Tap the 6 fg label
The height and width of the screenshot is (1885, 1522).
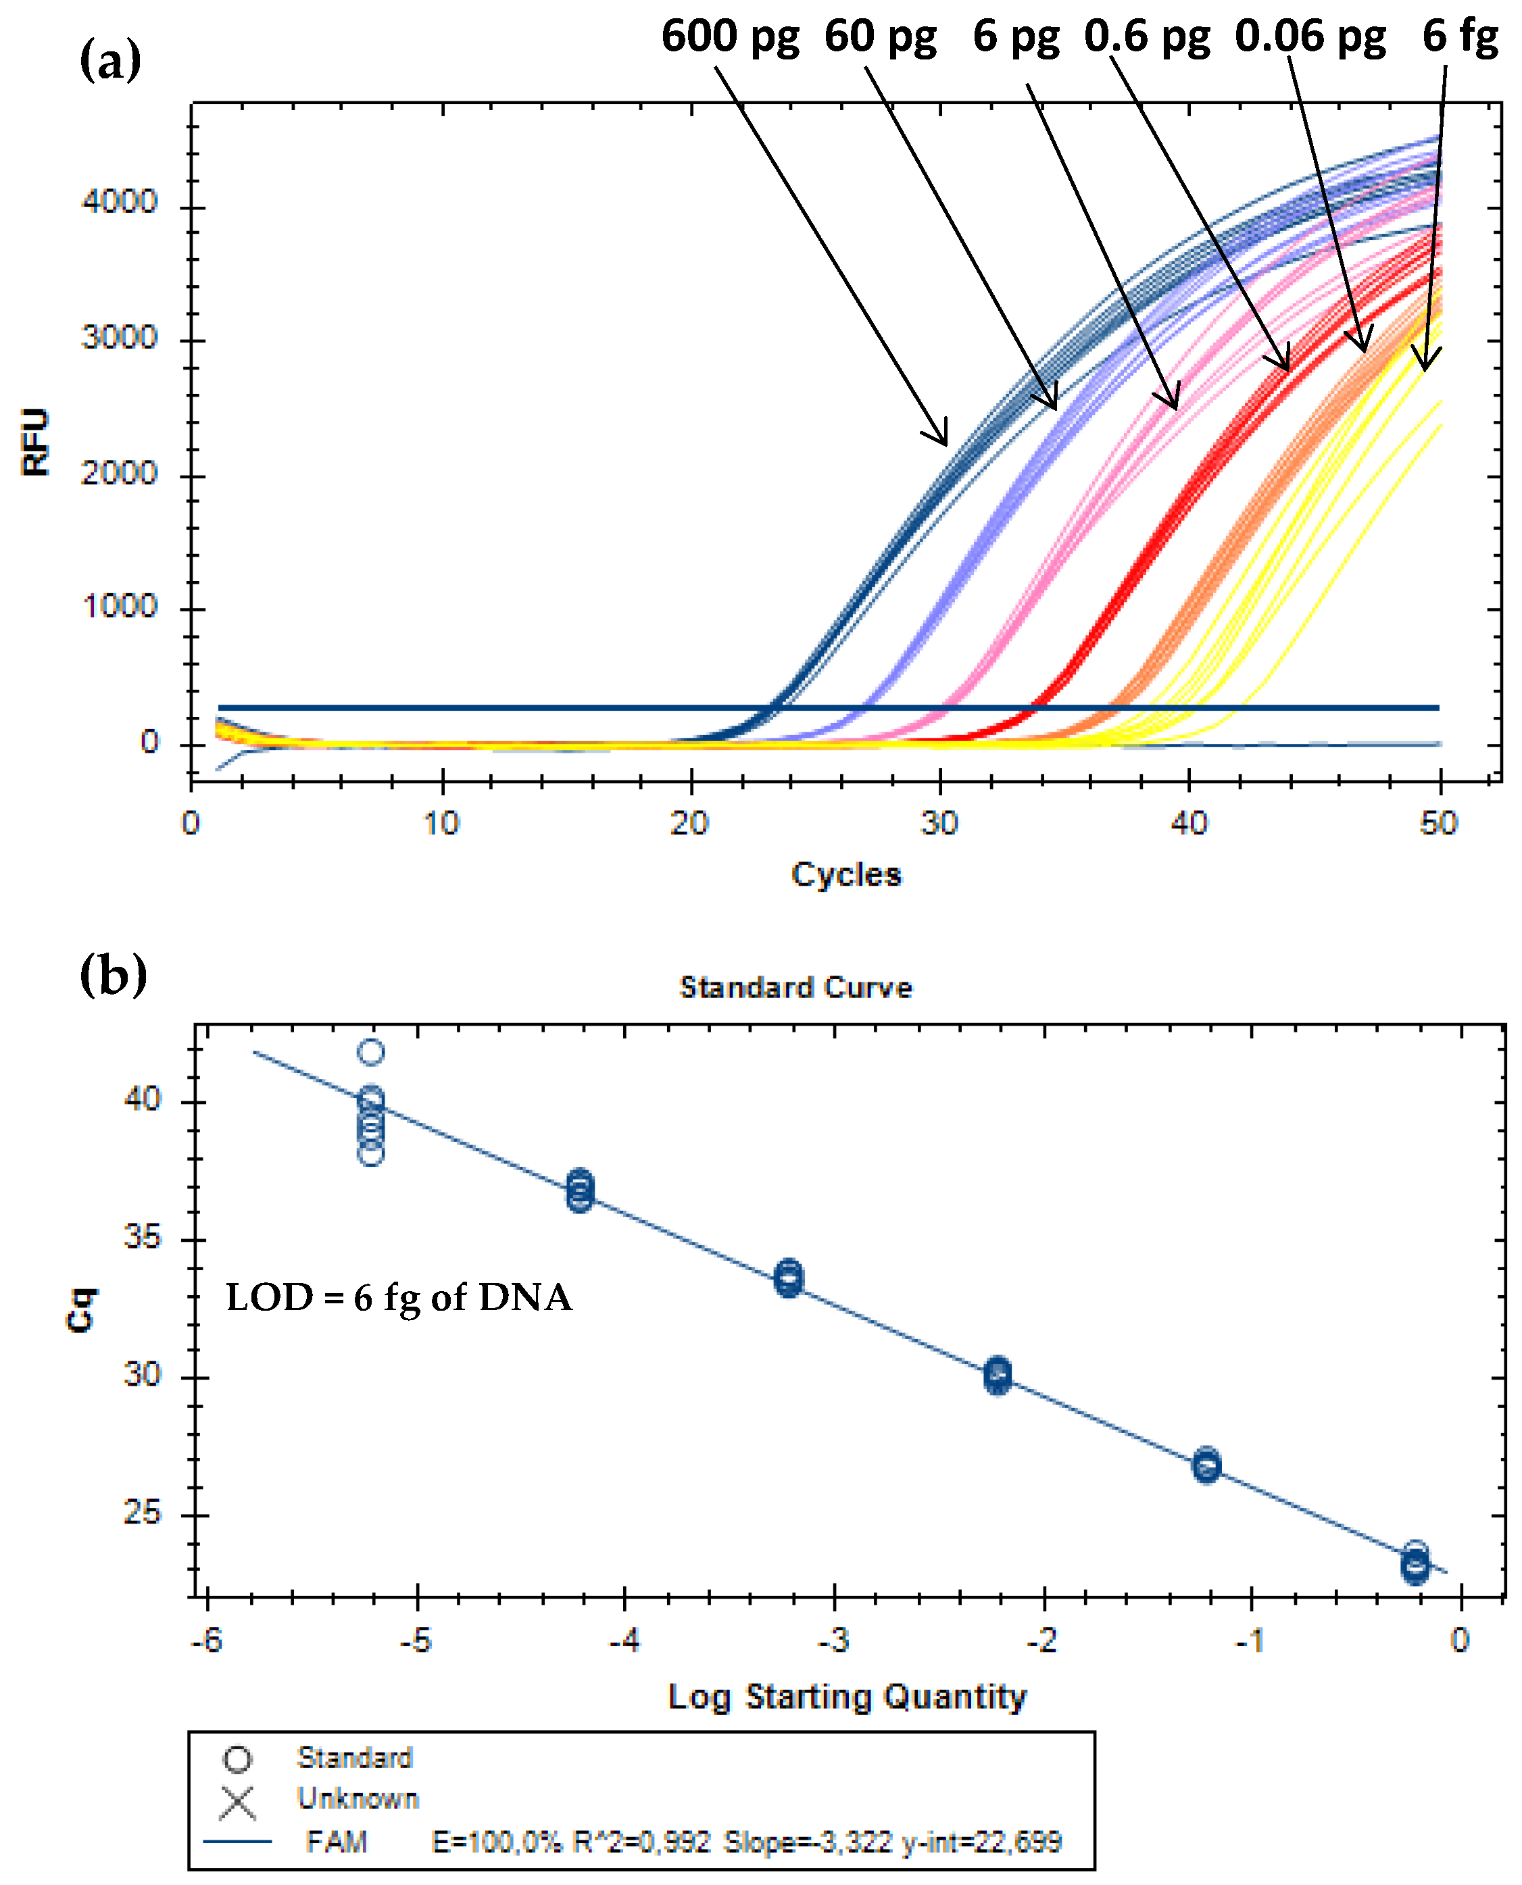click(x=1459, y=36)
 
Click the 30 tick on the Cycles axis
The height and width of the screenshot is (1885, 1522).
click(x=939, y=824)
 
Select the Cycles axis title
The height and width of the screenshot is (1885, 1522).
click(x=846, y=874)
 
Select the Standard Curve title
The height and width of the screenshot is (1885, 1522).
click(x=795, y=988)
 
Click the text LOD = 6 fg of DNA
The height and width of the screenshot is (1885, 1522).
click(x=399, y=1298)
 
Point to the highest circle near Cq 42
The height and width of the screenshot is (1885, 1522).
click(x=372, y=1051)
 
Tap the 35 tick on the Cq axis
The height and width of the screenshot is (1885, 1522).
click(x=142, y=1237)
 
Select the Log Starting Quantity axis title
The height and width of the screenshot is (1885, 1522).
click(x=847, y=1696)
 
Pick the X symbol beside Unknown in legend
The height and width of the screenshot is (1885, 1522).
click(x=238, y=1803)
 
